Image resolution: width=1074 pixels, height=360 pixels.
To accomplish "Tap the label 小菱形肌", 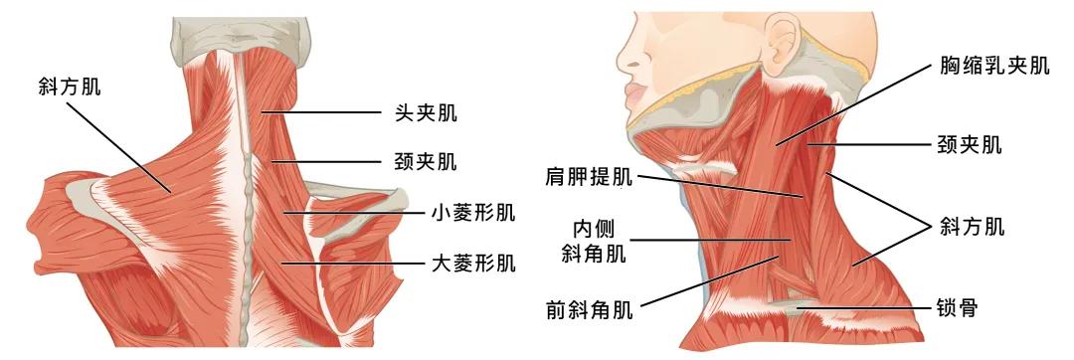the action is coord(472,212).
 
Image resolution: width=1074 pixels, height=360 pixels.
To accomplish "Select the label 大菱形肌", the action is coord(472,264).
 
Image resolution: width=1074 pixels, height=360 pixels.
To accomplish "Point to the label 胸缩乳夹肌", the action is coord(993,67).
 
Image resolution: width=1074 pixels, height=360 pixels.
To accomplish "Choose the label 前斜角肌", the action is coord(589,307).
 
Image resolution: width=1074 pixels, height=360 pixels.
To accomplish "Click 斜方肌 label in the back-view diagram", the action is coord(69,88).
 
